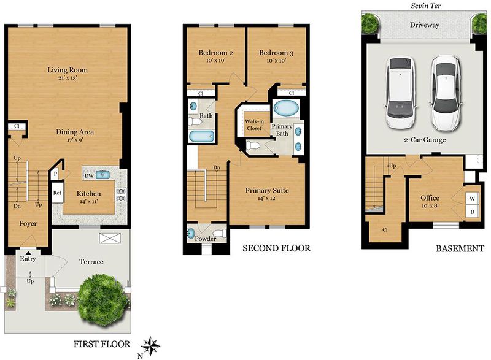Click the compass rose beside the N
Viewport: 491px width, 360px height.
[150, 347]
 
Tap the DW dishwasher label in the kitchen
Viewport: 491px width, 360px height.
[89, 176]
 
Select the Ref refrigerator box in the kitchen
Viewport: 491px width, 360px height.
[57, 193]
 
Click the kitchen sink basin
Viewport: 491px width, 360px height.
[102, 175]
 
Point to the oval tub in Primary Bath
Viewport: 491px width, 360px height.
[286, 108]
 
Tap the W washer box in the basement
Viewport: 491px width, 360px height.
[473, 198]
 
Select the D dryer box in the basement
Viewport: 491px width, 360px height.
[473, 212]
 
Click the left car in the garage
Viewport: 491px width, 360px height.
[401, 93]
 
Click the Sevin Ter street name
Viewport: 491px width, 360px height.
[426, 6]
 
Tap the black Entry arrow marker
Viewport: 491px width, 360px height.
[28, 253]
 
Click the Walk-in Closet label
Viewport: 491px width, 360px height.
[254, 124]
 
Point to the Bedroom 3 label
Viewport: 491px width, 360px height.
[276, 53]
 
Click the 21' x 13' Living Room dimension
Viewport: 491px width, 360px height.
[68, 77]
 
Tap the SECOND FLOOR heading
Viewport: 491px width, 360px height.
[277, 248]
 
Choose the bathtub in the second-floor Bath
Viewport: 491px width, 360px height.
[202, 137]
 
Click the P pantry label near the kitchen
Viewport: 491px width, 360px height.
[55, 174]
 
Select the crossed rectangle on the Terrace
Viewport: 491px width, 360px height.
[110, 238]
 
